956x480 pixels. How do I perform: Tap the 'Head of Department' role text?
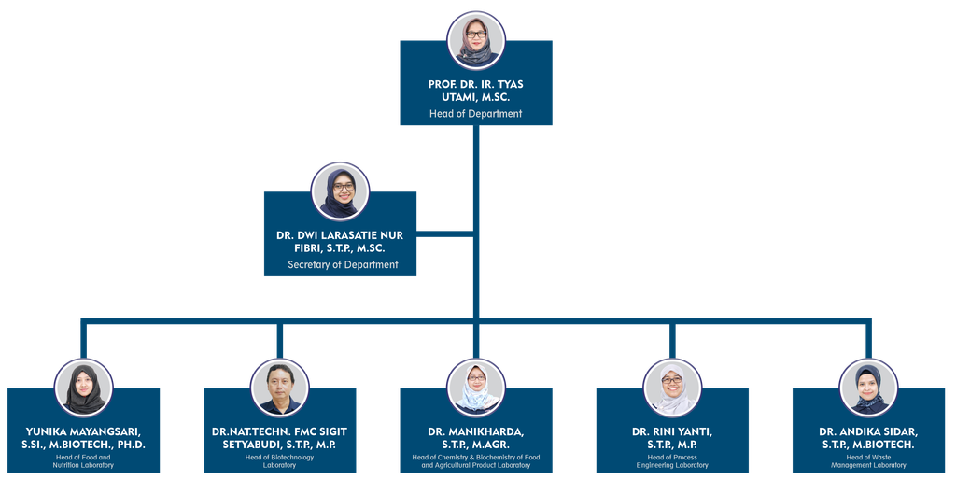475,113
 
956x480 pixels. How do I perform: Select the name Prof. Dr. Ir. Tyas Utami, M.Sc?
475,91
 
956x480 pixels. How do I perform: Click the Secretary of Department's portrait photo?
340,191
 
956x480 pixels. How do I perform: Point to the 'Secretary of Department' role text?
343,264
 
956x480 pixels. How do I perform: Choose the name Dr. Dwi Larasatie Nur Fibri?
340,242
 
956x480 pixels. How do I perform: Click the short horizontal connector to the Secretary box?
444,233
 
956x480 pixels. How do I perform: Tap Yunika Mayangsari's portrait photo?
83,388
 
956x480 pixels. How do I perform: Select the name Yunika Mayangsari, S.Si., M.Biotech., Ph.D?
83,438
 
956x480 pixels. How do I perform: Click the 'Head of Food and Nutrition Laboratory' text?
83,461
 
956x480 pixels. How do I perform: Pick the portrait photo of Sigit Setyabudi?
280,388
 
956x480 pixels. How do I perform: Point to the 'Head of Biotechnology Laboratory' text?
280,461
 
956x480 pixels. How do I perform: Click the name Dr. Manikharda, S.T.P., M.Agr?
475,438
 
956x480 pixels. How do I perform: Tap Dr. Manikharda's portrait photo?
475,388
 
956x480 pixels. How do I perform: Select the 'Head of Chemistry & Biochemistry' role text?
475,461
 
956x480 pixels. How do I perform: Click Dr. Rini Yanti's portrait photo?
672,388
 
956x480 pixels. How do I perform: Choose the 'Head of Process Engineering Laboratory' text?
672,461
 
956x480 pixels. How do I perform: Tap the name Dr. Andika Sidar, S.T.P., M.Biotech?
868,438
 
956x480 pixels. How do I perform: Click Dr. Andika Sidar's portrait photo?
868,388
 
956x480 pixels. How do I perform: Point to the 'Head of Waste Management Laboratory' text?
868,461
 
